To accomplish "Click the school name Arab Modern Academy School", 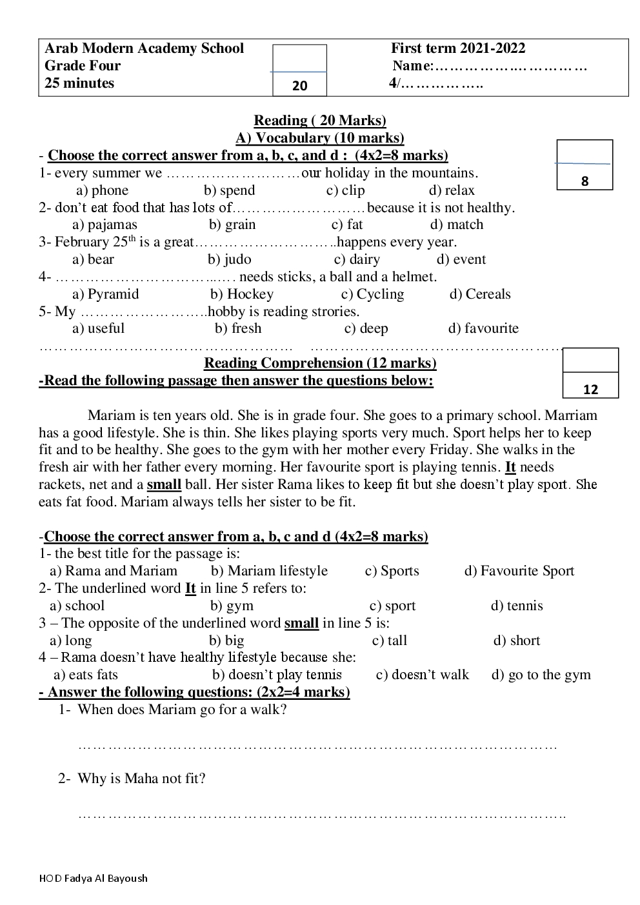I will pos(144,48).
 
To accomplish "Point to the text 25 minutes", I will pos(79,83).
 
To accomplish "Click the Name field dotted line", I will pos(510,66).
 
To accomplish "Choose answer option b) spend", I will pos(230,190).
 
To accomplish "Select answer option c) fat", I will pos(347,224).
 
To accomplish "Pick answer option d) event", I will pos(461,259).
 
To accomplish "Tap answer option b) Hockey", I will pos(242,294).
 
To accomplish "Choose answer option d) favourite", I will pos(483,328).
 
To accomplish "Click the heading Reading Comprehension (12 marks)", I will pos(320,363).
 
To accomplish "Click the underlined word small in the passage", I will pos(164,484).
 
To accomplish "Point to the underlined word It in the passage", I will pos(510,467).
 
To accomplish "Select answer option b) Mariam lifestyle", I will pos(269,571).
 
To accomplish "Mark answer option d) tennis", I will pos(517,606).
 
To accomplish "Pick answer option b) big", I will pos(226,641).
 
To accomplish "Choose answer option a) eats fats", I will pos(85,675).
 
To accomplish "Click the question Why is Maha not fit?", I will pos(141,779).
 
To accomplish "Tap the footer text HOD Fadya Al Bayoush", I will pos(93,878).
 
